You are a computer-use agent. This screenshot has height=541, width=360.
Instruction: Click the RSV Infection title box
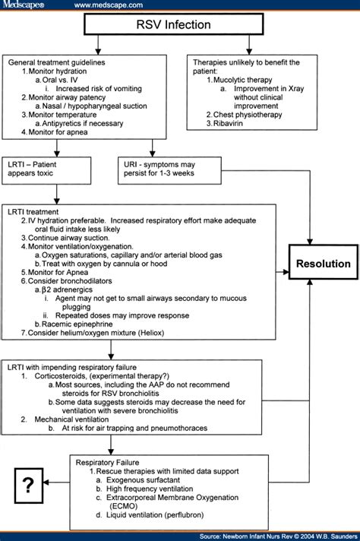point(174,24)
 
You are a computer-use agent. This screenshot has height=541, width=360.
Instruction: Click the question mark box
point(29,486)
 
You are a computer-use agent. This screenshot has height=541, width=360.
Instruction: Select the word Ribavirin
point(228,123)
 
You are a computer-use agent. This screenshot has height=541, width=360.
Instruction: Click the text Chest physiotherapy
point(248,115)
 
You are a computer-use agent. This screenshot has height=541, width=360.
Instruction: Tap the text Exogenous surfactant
point(143,480)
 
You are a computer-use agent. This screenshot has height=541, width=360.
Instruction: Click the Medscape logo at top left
point(24,5)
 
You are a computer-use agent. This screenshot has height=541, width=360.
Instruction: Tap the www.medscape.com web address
point(109,5)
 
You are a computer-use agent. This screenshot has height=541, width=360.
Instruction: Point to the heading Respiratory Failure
point(108,463)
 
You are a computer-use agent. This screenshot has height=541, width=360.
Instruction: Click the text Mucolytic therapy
point(243,80)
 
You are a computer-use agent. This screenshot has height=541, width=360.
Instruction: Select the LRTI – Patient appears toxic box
point(46,170)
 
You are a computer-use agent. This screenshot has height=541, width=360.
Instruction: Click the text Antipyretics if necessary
point(83,124)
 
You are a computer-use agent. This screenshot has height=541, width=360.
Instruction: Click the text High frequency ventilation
point(150,489)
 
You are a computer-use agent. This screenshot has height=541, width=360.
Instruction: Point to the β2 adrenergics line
point(67,289)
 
